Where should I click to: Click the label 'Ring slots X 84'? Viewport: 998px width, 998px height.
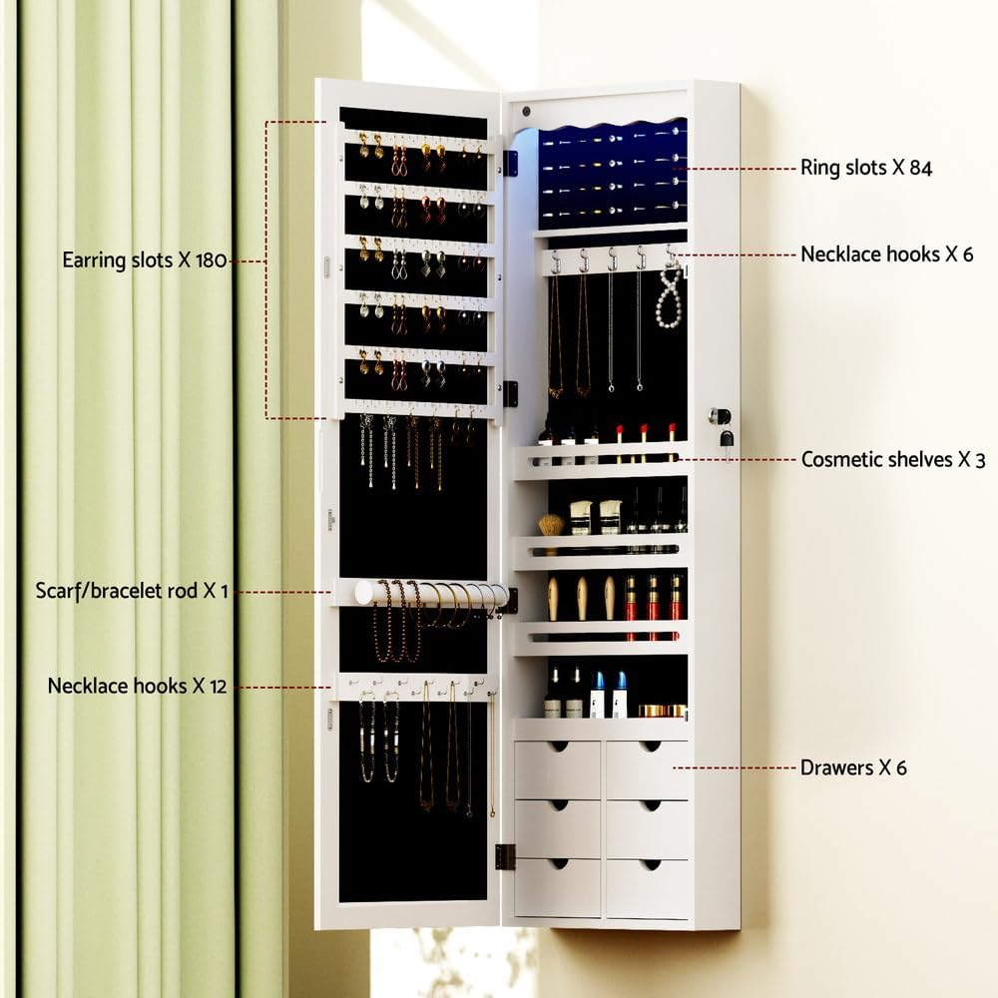pos(865,168)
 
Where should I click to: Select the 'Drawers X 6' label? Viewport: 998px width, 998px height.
pos(853,767)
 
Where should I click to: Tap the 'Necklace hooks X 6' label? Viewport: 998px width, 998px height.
pos(886,253)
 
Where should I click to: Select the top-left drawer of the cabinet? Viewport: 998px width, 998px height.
pos(557,769)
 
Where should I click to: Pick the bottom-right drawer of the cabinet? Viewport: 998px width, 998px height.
pos(647,887)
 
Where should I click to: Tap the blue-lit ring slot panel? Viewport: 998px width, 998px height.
pos(613,175)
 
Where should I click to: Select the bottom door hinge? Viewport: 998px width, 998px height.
pos(504,855)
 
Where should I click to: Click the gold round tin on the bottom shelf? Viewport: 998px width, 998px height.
pos(659,711)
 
